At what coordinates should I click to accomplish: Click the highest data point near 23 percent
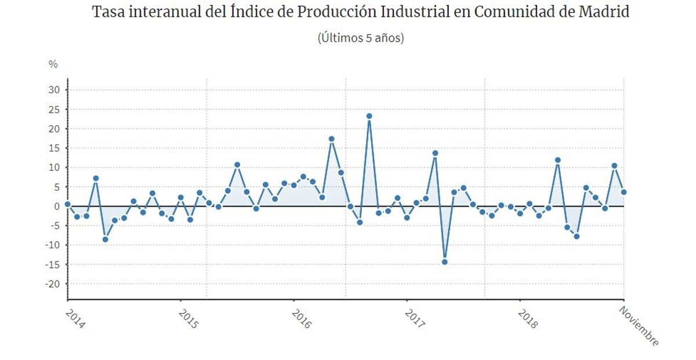click(369, 116)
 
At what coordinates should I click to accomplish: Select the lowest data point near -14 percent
click(444, 261)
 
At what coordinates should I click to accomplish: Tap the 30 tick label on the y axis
click(54, 89)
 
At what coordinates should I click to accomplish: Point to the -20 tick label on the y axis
click(52, 284)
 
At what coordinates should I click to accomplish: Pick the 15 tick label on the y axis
click(54, 148)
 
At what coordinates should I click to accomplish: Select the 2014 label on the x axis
click(74, 318)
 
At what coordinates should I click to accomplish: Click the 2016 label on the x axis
click(300, 318)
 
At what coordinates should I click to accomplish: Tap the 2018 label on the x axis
click(527, 318)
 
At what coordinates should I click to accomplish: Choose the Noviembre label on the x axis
click(639, 326)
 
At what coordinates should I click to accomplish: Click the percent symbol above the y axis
click(53, 64)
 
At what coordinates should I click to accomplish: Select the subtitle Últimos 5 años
click(360, 38)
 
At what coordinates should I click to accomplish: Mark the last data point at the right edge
click(623, 192)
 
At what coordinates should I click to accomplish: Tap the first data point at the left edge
click(67, 204)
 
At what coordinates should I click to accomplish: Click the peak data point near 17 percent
click(331, 139)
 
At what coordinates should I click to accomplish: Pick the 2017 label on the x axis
click(414, 318)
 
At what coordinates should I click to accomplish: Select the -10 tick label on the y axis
click(52, 245)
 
